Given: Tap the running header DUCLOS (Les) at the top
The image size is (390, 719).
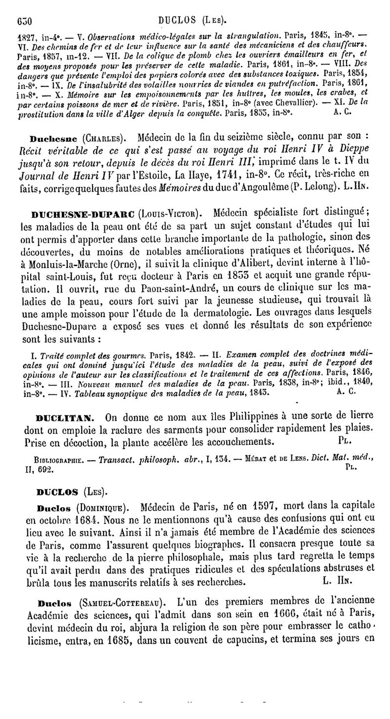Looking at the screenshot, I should [194, 21].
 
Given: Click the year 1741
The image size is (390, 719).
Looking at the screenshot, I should [204, 173].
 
